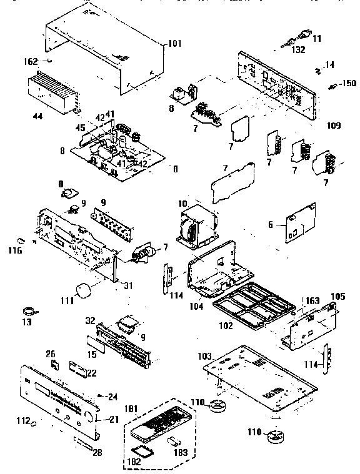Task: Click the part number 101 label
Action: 174,44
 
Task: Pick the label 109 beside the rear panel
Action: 333,126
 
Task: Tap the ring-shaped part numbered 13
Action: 29,310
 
